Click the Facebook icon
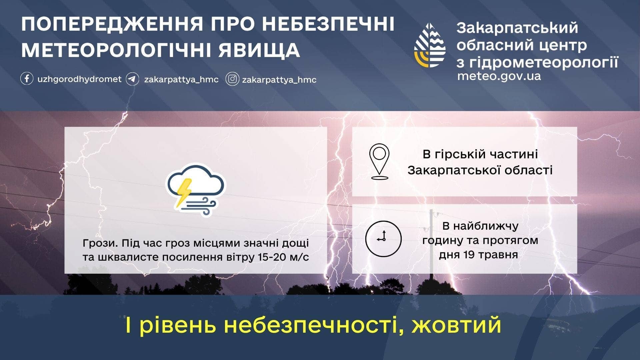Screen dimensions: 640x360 click(x=27, y=79)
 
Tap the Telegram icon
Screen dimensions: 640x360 click(x=132, y=79)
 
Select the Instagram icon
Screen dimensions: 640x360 click(x=232, y=79)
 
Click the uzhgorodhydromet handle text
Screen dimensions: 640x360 click(x=79, y=79)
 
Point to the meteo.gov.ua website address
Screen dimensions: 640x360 click(x=499, y=76)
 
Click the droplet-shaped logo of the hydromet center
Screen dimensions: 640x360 click(x=430, y=45)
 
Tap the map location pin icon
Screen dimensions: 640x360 click(x=379, y=162)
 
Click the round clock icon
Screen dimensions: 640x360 click(x=383, y=239)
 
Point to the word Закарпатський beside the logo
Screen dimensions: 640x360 click(x=517, y=28)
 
